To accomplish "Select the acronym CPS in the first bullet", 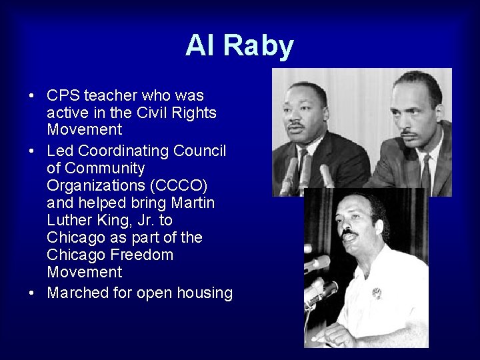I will (65, 95).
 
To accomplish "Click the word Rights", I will (194, 113).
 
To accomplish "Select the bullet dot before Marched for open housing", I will (31, 293).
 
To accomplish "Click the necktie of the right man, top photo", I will (425, 175).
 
